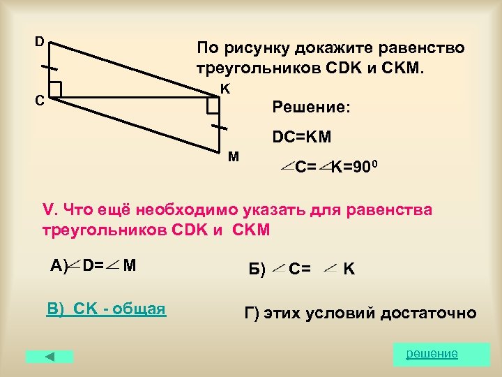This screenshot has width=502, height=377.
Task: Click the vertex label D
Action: [x=40, y=41]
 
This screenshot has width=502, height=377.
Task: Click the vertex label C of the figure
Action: [x=40, y=100]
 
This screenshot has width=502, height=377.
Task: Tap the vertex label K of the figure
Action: [x=225, y=89]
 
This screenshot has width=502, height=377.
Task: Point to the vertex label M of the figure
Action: [x=233, y=156]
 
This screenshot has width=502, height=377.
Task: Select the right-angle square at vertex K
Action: [x=212, y=105]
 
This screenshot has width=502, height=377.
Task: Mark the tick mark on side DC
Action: [x=50, y=68]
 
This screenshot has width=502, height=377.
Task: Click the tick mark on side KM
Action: [x=219, y=127]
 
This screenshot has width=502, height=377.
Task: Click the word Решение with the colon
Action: [x=312, y=108]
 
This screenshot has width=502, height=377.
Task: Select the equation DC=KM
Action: [x=302, y=138]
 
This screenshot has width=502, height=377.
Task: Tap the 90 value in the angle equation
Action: [x=358, y=168]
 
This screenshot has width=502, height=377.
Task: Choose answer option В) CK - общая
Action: [x=106, y=309]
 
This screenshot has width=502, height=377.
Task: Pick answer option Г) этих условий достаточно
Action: [x=360, y=313]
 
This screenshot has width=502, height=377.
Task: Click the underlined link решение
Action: [x=432, y=353]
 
